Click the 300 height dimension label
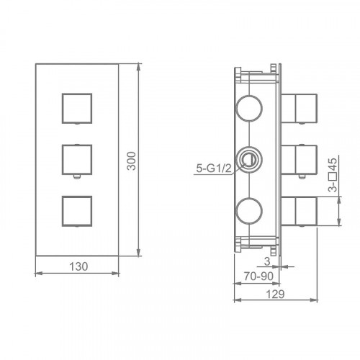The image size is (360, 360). point(131,161)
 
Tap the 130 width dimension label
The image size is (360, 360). point(78,266)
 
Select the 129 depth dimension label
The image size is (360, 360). point(275,294)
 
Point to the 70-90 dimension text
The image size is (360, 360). point(258,276)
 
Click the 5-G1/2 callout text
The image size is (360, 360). point(214,168)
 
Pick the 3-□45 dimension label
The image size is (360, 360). point(333,175)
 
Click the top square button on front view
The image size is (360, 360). point(77,109)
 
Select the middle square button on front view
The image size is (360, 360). point(77,160)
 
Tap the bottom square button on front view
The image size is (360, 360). point(77,211)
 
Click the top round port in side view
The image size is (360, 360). point(249,109)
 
